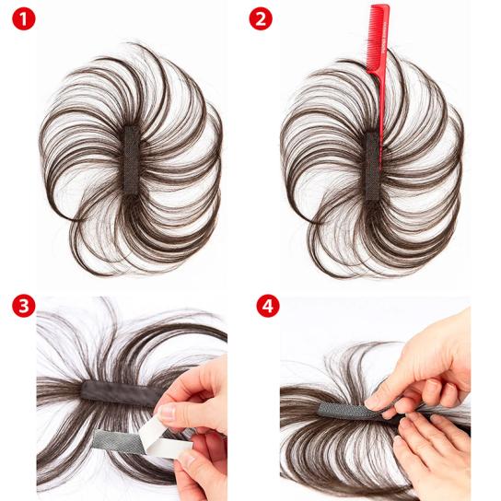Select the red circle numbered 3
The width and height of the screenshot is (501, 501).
tap(24, 306)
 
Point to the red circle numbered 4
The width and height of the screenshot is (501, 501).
tap(268, 306)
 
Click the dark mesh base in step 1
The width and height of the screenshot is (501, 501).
tap(132, 160)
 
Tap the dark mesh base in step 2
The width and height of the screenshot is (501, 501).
tap(373, 166)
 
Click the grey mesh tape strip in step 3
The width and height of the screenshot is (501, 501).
tap(117, 441)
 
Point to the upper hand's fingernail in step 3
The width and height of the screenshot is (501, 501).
tap(167, 413)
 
